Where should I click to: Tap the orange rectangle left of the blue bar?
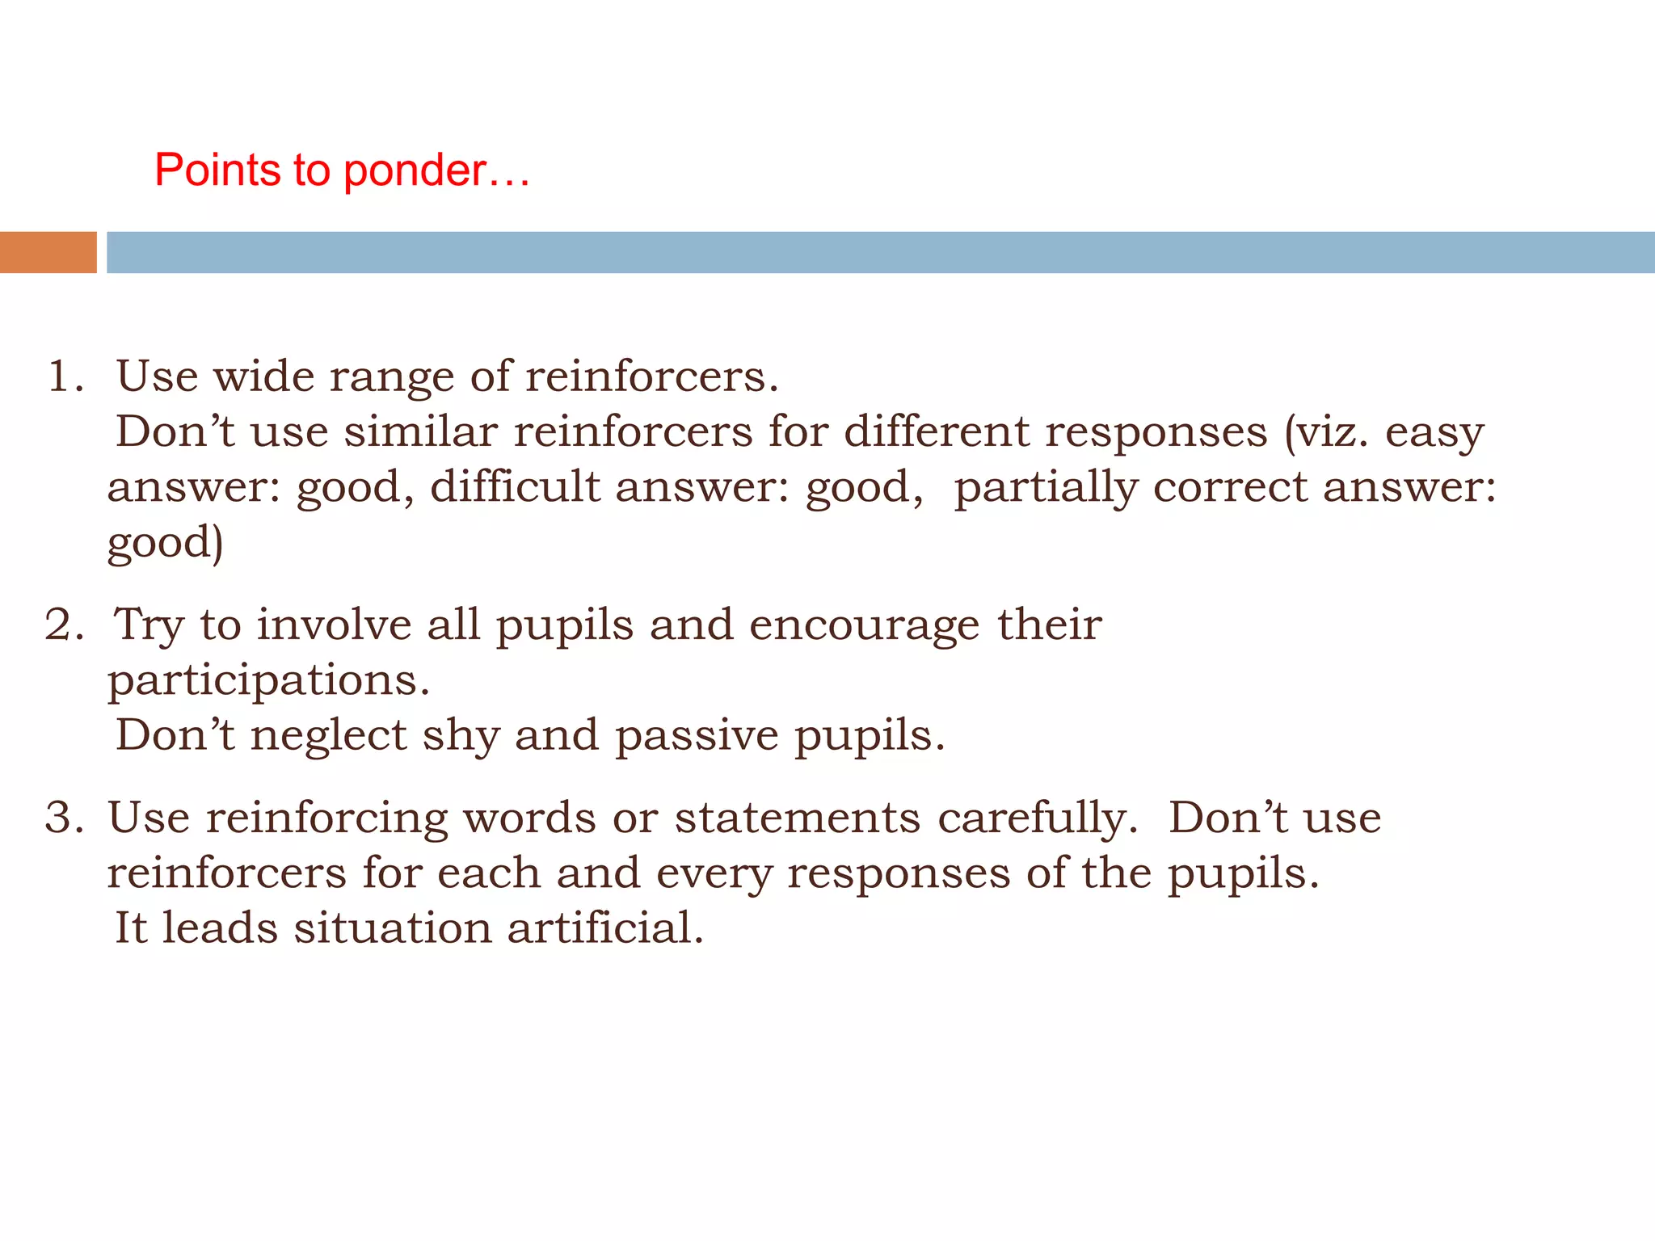[x=48, y=252]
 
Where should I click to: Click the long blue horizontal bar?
[x=880, y=252]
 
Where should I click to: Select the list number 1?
[x=64, y=377]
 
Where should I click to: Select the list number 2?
[x=63, y=625]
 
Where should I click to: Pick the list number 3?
[x=63, y=818]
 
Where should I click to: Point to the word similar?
[x=420, y=431]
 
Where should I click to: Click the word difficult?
[x=515, y=486]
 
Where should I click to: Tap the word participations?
[x=268, y=681]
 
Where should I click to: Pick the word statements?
[x=797, y=818]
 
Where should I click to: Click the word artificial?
[x=605, y=928]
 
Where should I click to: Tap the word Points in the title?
[x=217, y=170]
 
